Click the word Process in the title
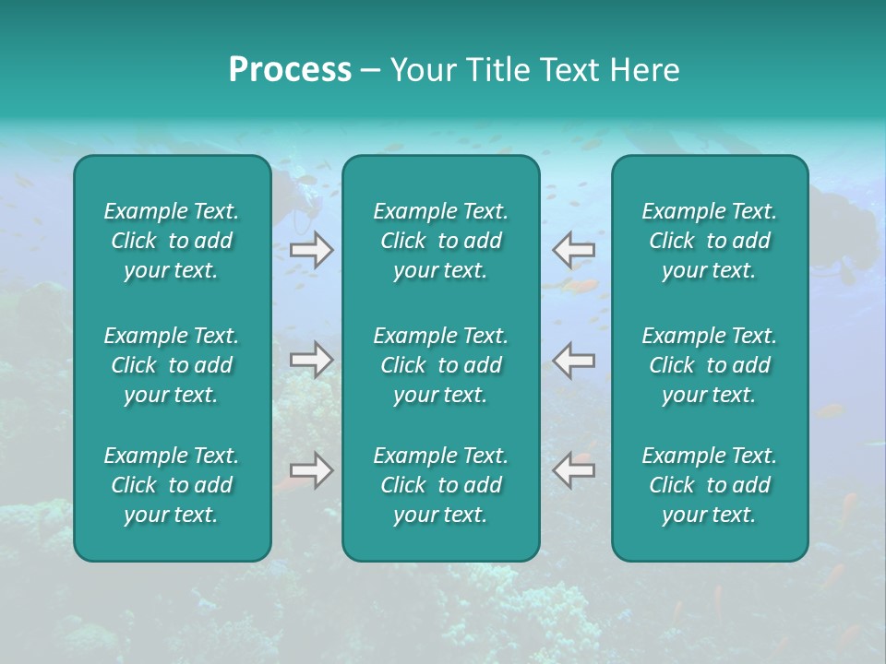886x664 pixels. [x=290, y=70]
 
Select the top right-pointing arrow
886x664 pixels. [x=312, y=250]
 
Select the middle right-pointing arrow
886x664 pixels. [x=312, y=360]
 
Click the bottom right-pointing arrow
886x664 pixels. [x=312, y=470]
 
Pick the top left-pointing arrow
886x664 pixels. [x=573, y=250]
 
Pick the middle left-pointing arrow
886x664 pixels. [x=573, y=360]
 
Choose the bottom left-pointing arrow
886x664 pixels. [x=573, y=470]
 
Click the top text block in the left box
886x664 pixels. [x=172, y=241]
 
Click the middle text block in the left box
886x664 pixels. [x=172, y=365]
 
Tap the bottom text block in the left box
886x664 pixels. [x=172, y=485]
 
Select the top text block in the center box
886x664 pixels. [x=440, y=241]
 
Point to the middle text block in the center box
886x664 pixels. [x=440, y=365]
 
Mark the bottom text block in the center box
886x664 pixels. [x=440, y=485]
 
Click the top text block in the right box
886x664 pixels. [x=709, y=241]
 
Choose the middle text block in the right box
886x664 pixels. [x=709, y=365]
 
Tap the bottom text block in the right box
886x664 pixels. [x=709, y=485]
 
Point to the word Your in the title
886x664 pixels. [x=420, y=70]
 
